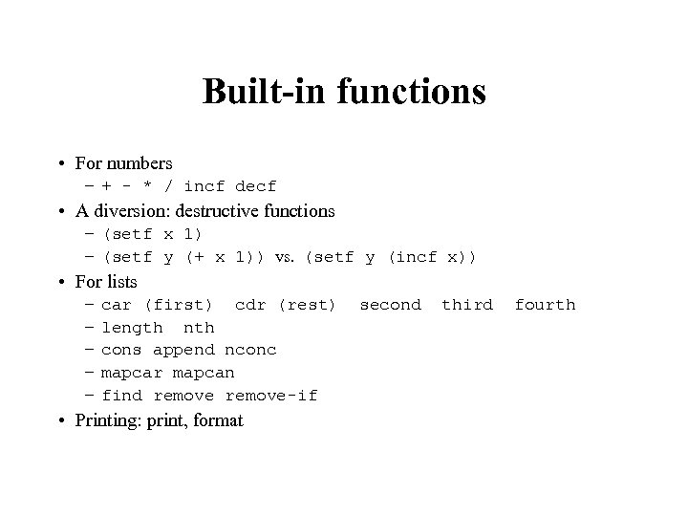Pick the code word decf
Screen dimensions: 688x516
(x=255, y=186)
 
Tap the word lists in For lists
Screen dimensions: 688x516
(x=120, y=282)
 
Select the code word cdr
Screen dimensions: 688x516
(x=250, y=305)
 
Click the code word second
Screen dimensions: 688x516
(x=390, y=305)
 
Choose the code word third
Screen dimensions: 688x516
(x=467, y=305)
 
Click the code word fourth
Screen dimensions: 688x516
(x=545, y=305)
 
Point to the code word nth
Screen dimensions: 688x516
(x=199, y=328)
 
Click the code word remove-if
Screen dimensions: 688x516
(x=271, y=396)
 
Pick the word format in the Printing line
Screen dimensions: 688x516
(x=218, y=420)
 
